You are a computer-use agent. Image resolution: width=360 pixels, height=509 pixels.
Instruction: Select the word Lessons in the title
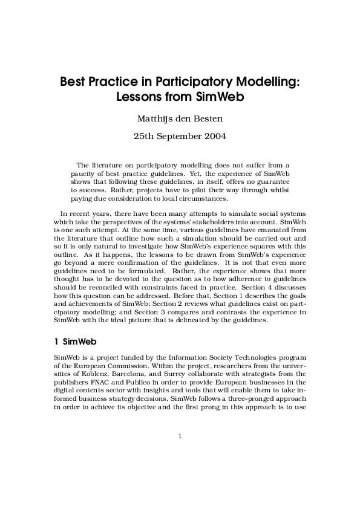137,96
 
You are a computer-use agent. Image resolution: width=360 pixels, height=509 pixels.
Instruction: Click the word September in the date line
179,136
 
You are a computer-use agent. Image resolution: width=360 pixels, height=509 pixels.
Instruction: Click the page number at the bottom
180,436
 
